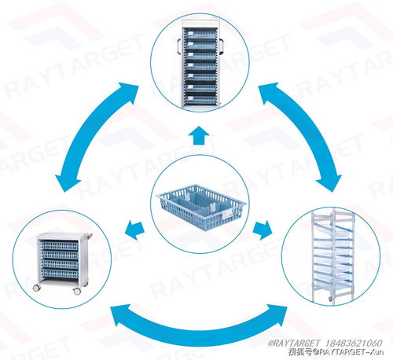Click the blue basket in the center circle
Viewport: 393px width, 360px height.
201,207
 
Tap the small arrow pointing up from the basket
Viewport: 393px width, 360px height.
200,135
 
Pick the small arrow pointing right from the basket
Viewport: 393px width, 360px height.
263,230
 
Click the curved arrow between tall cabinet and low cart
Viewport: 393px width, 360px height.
89,131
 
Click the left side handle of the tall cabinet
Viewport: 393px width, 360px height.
179,46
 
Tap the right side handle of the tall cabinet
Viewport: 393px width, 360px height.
221,46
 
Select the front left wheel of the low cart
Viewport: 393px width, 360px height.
37,288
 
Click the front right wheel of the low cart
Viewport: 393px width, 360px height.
77,291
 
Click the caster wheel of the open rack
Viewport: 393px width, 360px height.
331,299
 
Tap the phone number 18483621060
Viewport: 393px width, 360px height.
354,343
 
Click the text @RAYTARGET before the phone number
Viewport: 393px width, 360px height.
294,343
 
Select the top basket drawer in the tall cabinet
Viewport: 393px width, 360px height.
200,34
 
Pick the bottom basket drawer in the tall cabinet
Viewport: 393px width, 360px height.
200,100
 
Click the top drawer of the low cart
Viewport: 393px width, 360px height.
60,246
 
